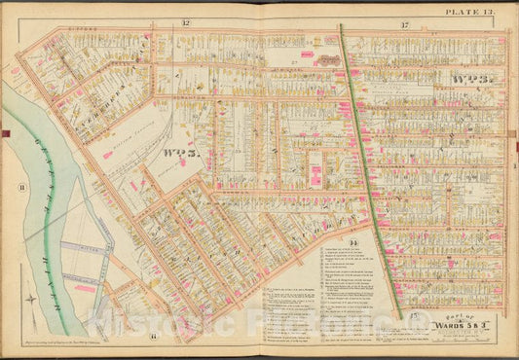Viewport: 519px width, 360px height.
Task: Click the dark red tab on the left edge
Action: (x=5, y=132)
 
